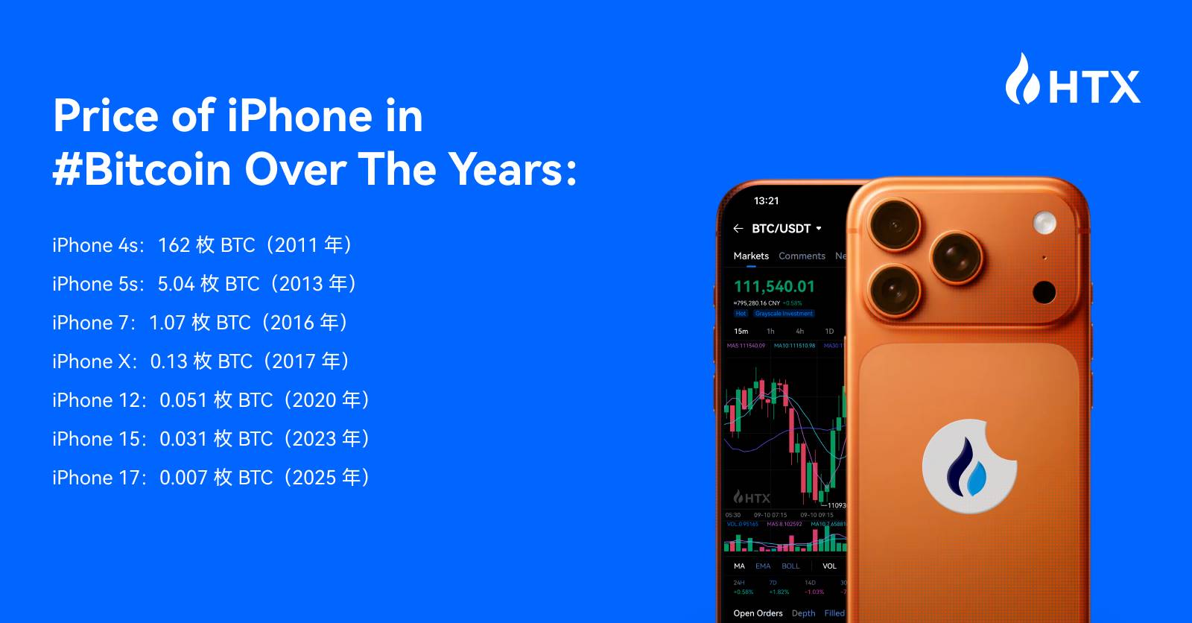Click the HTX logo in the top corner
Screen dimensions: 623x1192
pos(1073,80)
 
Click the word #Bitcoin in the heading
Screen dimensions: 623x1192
pos(142,169)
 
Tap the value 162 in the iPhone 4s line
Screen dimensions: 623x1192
pos(174,245)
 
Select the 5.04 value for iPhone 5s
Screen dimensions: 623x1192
pos(176,284)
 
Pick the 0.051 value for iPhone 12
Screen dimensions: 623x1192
pos(183,400)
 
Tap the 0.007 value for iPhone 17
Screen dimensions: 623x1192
pos(183,478)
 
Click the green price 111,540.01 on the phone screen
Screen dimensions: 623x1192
pos(774,286)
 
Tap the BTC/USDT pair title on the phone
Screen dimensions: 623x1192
pos(781,229)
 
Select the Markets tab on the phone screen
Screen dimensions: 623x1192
pos(750,256)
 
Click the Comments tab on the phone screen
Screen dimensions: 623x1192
pos(802,256)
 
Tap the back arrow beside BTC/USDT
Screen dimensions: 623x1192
pos(738,229)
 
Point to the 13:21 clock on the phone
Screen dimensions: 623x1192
pos(766,200)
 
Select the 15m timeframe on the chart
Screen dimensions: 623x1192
pos(741,331)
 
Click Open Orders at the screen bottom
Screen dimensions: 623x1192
pos(758,613)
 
